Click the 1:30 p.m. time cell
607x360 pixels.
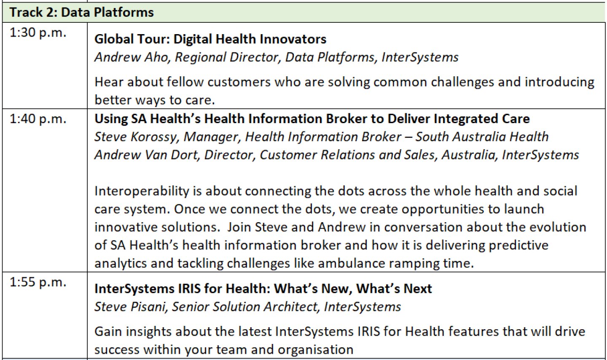(38, 33)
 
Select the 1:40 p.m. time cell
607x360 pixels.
(38, 119)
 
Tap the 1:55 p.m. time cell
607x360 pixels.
(38, 282)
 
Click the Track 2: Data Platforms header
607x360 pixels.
(82, 12)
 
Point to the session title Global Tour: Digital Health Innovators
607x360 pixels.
(210, 39)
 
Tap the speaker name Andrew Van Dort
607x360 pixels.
(146, 155)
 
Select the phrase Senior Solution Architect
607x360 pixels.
(244, 306)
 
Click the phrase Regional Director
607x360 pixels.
(226, 57)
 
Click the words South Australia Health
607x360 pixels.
(482, 137)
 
